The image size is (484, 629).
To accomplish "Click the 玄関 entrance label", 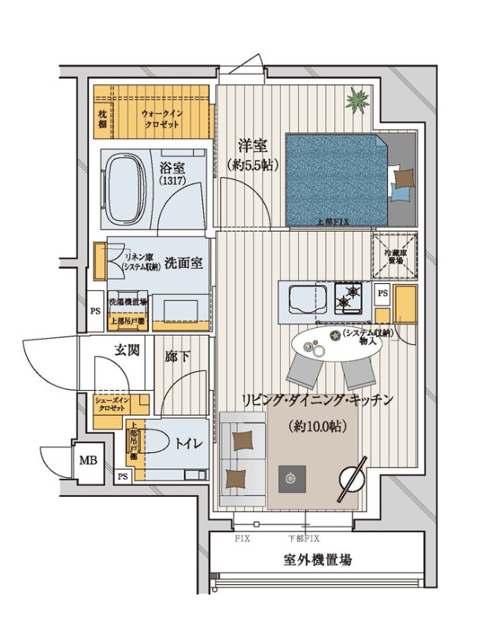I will click(127, 351).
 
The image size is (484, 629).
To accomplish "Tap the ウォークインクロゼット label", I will click(163, 120).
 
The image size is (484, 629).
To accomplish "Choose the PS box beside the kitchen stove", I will click(382, 292).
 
